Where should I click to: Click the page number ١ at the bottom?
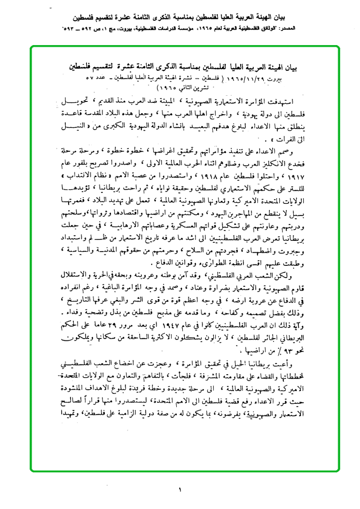[180, 490]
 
